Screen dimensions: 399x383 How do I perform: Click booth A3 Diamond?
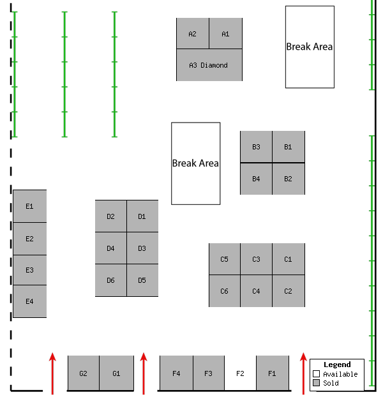[x=209, y=65]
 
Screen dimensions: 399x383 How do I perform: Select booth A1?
[x=225, y=34]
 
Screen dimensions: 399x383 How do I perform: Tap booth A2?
[x=193, y=34]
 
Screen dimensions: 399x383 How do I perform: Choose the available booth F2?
[x=241, y=373]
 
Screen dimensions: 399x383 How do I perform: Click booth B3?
[x=256, y=147]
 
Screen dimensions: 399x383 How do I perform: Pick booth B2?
[x=289, y=179]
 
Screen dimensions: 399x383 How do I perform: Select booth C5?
[x=225, y=259]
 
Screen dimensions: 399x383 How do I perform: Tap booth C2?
[x=289, y=291]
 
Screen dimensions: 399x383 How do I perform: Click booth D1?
[x=142, y=216]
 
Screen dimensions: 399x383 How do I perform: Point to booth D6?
[x=111, y=280]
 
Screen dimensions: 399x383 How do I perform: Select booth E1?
[x=29, y=206]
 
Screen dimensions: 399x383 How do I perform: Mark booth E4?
[x=29, y=301]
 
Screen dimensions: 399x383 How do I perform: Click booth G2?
[x=84, y=373]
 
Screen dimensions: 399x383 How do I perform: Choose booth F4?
[x=176, y=373]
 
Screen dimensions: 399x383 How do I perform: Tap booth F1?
[x=272, y=373]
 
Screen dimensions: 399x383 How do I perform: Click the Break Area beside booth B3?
[x=196, y=163]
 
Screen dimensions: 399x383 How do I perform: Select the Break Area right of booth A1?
[x=310, y=47]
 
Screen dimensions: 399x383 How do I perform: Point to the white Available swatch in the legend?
[x=316, y=374]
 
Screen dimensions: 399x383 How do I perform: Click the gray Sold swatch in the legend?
[x=316, y=383]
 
